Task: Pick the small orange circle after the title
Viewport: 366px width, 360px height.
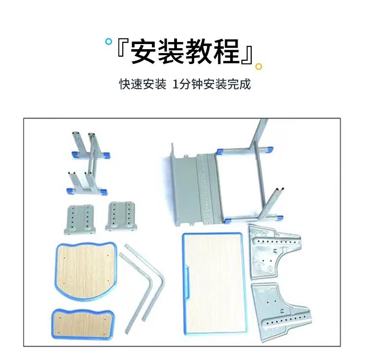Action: coord(259,66)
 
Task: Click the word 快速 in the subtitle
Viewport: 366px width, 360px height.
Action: coord(130,85)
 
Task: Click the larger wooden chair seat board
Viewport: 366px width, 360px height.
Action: coord(86,269)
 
